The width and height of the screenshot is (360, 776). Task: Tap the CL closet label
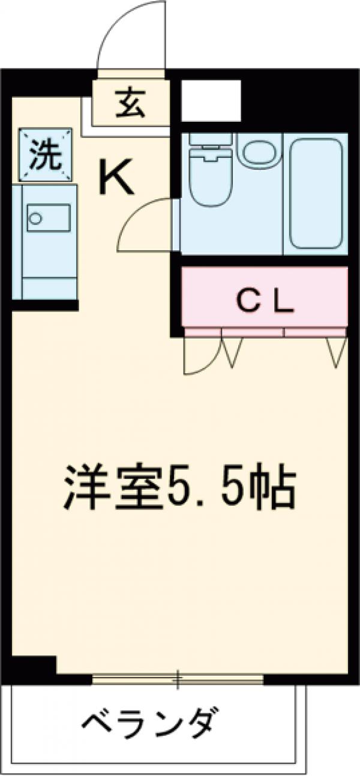click(264, 302)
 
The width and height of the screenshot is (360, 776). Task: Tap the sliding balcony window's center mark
click(178, 680)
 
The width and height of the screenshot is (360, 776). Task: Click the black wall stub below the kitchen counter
click(45, 305)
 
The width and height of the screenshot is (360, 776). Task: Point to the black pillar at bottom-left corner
click(33, 666)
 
